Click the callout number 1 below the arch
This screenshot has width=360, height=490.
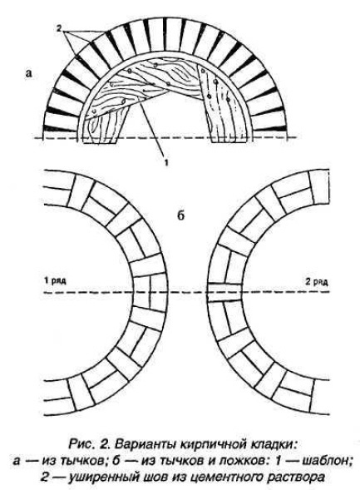coord(166,162)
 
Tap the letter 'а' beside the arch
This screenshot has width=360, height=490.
coord(29,73)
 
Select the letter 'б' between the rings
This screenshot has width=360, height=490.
coord(180,215)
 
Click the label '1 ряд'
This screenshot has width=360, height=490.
coord(55,280)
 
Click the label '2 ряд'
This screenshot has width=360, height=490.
coord(317,282)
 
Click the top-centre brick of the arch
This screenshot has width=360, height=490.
coord(167,37)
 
